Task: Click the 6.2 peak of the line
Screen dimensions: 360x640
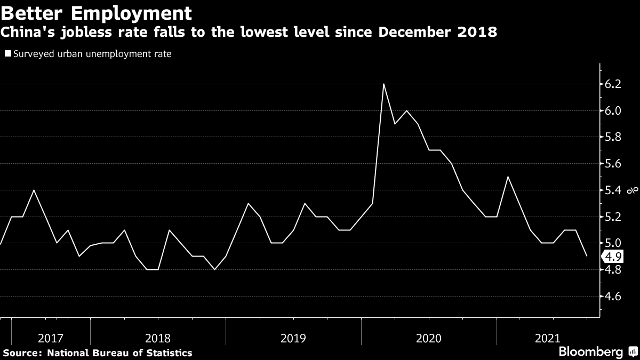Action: [383, 84]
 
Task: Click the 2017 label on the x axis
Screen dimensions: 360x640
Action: [51, 338]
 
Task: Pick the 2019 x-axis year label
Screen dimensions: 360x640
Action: [293, 338]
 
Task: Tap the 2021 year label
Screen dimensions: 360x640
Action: [547, 338]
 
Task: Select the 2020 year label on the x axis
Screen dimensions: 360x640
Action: [428, 338]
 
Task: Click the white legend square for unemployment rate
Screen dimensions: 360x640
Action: [7, 54]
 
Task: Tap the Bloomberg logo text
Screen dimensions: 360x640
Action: [590, 352]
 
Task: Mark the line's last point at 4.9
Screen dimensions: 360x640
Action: [587, 257]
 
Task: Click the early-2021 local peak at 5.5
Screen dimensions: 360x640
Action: [507, 177]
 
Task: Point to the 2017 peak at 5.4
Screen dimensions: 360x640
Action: [34, 190]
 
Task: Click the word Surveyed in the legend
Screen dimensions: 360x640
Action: [31, 54]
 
